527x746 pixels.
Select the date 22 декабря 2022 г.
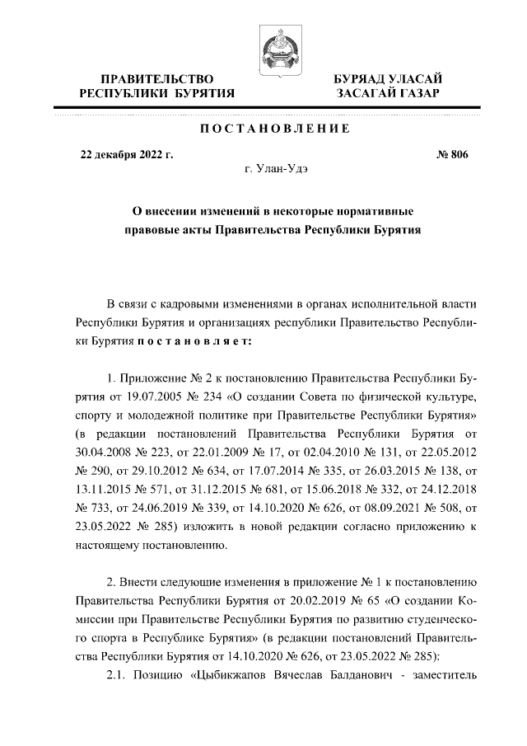pyautogui.click(x=126, y=154)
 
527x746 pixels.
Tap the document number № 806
pyautogui.click(x=450, y=154)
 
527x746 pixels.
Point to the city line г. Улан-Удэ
pyautogui.click(x=274, y=169)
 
